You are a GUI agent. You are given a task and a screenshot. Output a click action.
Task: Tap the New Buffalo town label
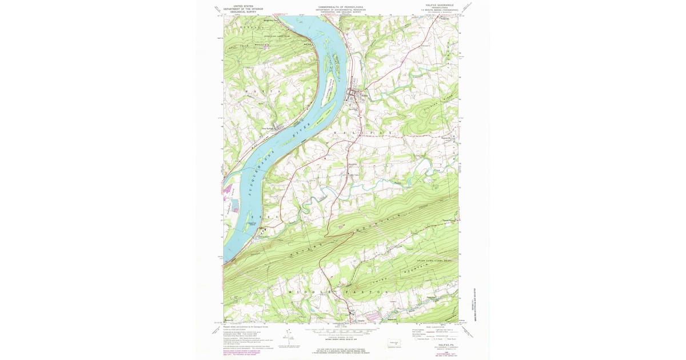(x=269, y=128)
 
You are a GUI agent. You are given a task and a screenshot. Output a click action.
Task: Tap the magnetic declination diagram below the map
(x=284, y=341)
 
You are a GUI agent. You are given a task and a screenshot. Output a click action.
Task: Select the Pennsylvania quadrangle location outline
(x=393, y=343)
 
